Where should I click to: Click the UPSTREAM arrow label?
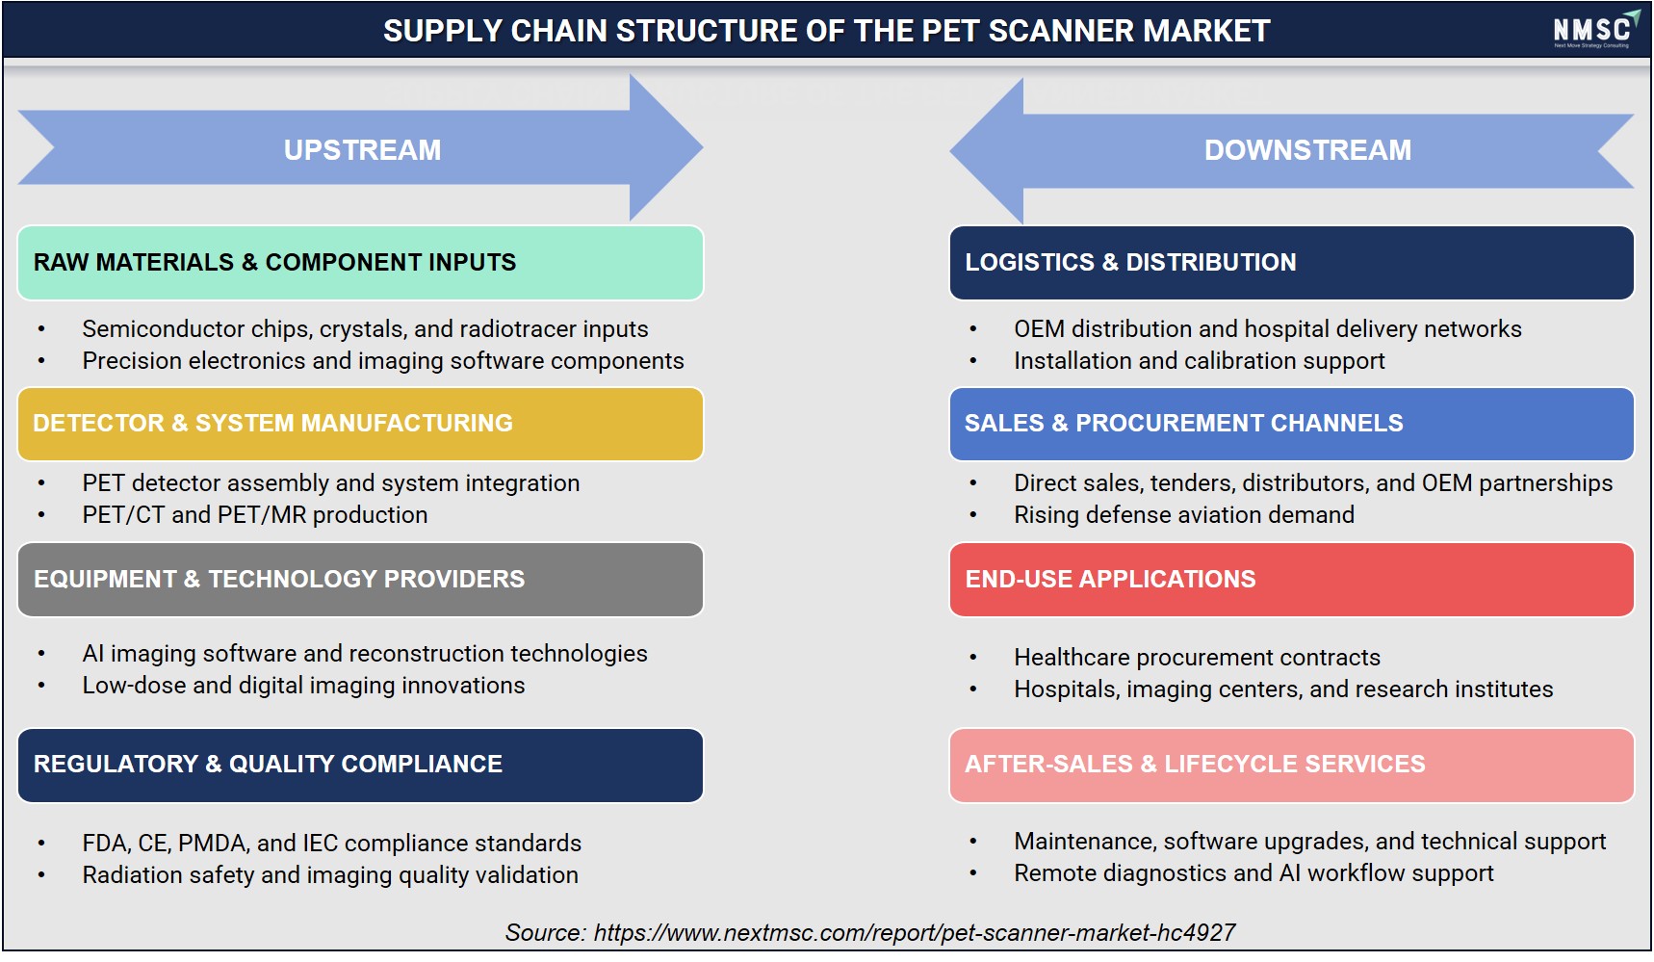click(362, 150)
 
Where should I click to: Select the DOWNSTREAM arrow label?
click(1307, 150)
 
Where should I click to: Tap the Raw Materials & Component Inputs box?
click(360, 263)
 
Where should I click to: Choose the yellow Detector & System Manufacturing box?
click(360, 424)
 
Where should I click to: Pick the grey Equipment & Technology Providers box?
click(360, 580)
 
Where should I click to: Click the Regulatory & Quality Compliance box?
click(360, 765)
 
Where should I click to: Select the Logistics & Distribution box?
click(1291, 263)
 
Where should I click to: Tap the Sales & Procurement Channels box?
click(1291, 424)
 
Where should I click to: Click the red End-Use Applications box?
click(1291, 580)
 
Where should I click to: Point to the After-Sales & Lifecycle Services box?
click(1291, 765)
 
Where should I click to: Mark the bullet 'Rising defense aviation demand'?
click(1184, 515)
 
